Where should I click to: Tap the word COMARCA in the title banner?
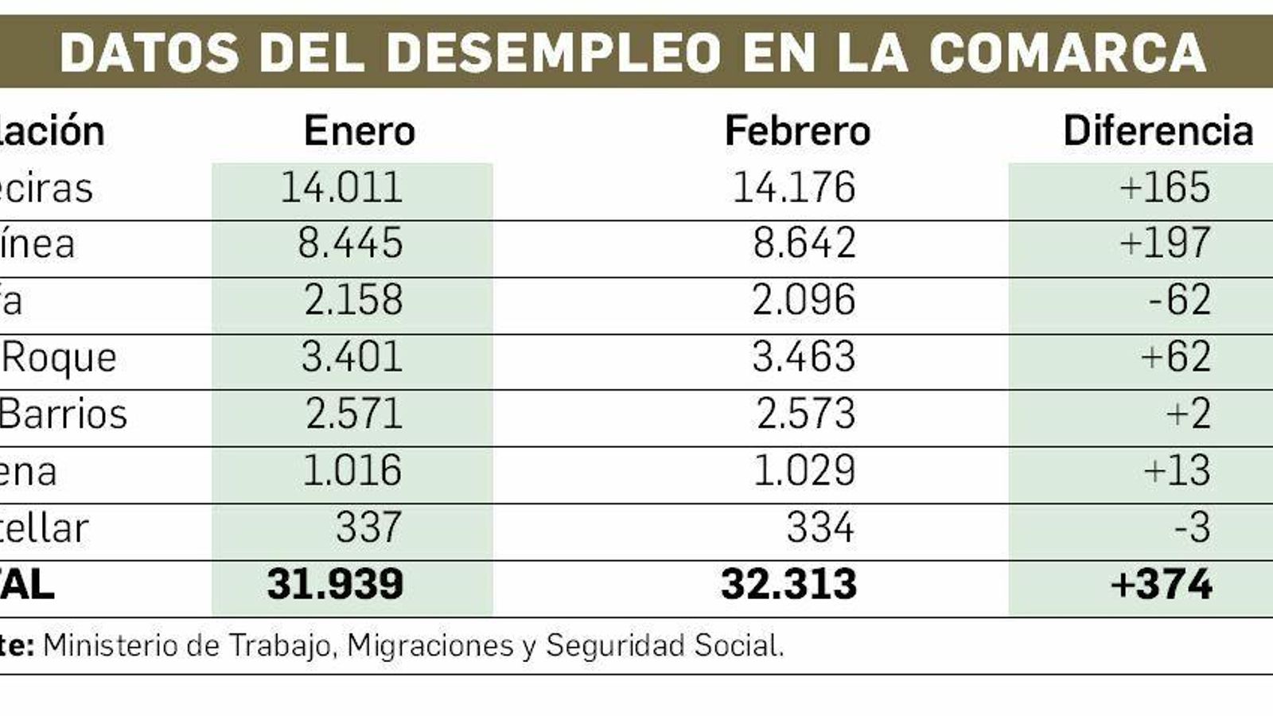click(x=1067, y=53)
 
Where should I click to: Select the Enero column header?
click(x=360, y=130)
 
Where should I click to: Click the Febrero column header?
click(x=797, y=130)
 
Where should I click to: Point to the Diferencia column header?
click(x=1158, y=130)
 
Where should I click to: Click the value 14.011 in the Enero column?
click(x=342, y=188)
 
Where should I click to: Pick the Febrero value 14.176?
click(x=794, y=188)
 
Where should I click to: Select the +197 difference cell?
click(x=1165, y=243)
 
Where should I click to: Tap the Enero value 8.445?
click(x=350, y=243)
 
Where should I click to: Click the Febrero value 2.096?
click(x=804, y=301)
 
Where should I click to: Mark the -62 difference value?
click(x=1179, y=301)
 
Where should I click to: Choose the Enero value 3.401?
click(x=352, y=357)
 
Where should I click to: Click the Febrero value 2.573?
click(x=805, y=414)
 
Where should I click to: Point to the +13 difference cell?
click(x=1177, y=471)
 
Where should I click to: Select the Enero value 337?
click(x=368, y=527)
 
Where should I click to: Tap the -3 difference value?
click(x=1192, y=527)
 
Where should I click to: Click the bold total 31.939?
click(x=335, y=585)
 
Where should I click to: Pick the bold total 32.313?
click(x=788, y=585)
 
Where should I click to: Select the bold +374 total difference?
click(x=1162, y=585)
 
